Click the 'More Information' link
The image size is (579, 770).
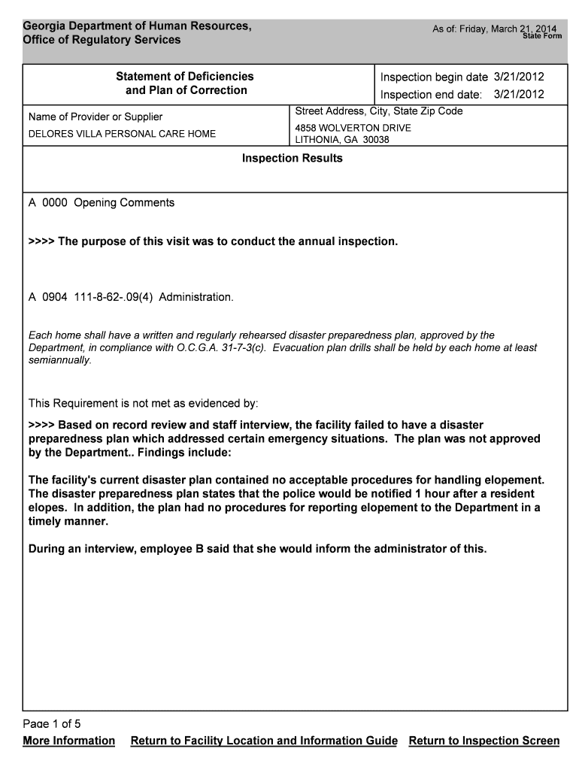69,741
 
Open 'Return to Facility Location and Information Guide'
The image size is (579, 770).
264,741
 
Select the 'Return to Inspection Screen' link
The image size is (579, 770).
484,741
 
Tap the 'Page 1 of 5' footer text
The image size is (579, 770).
52,723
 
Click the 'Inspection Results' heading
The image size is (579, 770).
292,158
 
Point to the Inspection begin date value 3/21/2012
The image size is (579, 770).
518,77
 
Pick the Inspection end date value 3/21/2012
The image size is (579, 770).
518,95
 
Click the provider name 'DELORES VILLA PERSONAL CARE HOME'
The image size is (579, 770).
122,134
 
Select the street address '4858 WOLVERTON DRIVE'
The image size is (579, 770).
353,128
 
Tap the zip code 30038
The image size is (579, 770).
376,140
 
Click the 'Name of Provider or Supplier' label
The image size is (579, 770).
95,117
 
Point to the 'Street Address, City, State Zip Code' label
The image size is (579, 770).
379,111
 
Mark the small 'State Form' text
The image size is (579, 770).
542,36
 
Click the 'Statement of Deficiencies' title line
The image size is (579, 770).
184,76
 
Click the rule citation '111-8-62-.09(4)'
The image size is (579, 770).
114,297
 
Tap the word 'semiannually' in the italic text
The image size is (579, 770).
59,359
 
